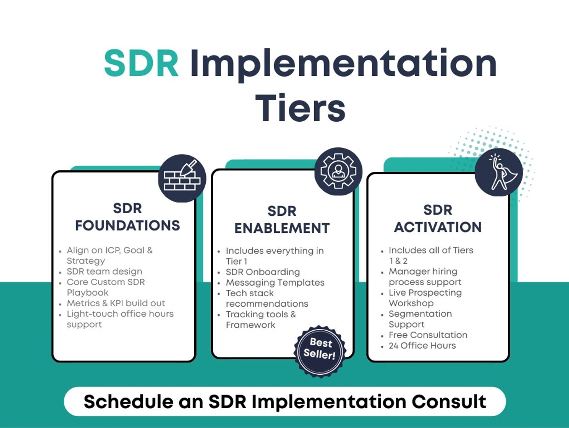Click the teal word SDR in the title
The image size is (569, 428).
(x=141, y=63)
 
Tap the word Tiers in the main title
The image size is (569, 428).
(x=300, y=108)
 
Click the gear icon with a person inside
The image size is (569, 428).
(x=338, y=171)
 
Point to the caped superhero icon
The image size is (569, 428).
(x=499, y=172)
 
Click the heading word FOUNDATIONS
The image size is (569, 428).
(x=128, y=225)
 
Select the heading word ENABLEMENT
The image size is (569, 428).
(x=282, y=228)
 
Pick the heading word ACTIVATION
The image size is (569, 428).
(x=438, y=227)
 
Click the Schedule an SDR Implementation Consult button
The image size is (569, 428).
(x=285, y=401)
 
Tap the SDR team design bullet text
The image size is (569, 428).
(x=104, y=271)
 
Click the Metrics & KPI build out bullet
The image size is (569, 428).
(x=116, y=303)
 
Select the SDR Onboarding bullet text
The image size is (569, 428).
(x=263, y=272)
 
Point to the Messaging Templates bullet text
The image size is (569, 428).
(x=275, y=282)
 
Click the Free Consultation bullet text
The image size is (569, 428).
(x=428, y=335)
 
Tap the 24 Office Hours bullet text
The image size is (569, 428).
(x=423, y=345)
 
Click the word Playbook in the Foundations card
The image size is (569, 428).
(x=88, y=293)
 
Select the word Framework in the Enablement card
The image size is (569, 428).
(x=250, y=325)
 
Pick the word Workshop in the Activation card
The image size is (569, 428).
(x=411, y=303)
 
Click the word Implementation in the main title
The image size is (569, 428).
(x=344, y=65)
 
